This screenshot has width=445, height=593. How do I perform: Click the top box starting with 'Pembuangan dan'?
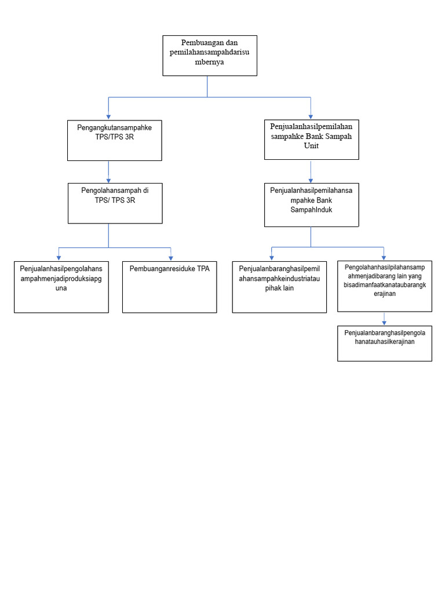(209, 56)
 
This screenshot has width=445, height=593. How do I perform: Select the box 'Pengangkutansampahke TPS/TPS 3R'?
(114, 140)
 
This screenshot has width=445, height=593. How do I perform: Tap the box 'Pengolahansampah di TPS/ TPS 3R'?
(114, 203)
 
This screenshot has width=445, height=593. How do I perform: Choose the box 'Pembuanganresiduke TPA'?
(170, 287)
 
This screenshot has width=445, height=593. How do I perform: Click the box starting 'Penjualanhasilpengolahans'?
(61, 287)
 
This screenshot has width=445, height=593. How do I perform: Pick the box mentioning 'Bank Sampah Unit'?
(311, 140)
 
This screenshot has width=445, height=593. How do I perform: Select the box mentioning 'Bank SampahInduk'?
(311, 205)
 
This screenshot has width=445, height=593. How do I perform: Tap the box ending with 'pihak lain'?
(279, 287)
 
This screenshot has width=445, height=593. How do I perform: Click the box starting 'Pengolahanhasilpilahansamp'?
(384, 286)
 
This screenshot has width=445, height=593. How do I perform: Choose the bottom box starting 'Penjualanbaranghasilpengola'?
(384, 343)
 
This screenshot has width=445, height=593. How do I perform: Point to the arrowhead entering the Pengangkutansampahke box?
(108, 116)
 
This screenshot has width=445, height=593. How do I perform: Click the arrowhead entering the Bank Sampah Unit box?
(311, 116)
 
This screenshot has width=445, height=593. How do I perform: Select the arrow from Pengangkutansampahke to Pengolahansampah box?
(108, 172)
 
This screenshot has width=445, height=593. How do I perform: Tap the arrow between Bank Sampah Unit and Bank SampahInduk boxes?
(311, 172)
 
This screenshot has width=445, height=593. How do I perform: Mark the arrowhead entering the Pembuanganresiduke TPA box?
(170, 258)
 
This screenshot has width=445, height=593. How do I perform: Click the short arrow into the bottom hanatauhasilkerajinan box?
(384, 319)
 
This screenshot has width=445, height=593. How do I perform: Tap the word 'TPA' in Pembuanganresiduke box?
(203, 269)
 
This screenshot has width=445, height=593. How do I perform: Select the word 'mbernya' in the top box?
(209, 62)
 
